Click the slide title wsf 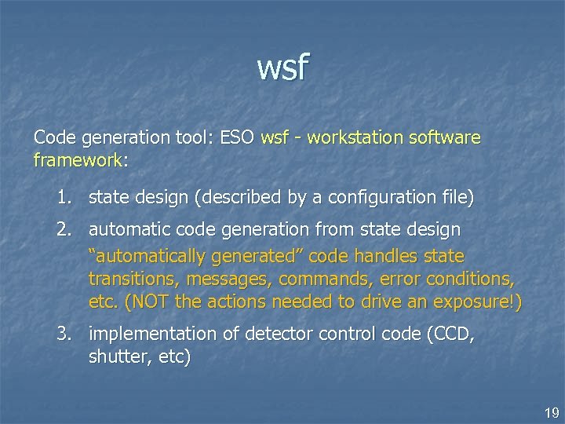282,68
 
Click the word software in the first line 447,138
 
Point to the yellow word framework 78,160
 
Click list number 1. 66,196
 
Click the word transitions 132,280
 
